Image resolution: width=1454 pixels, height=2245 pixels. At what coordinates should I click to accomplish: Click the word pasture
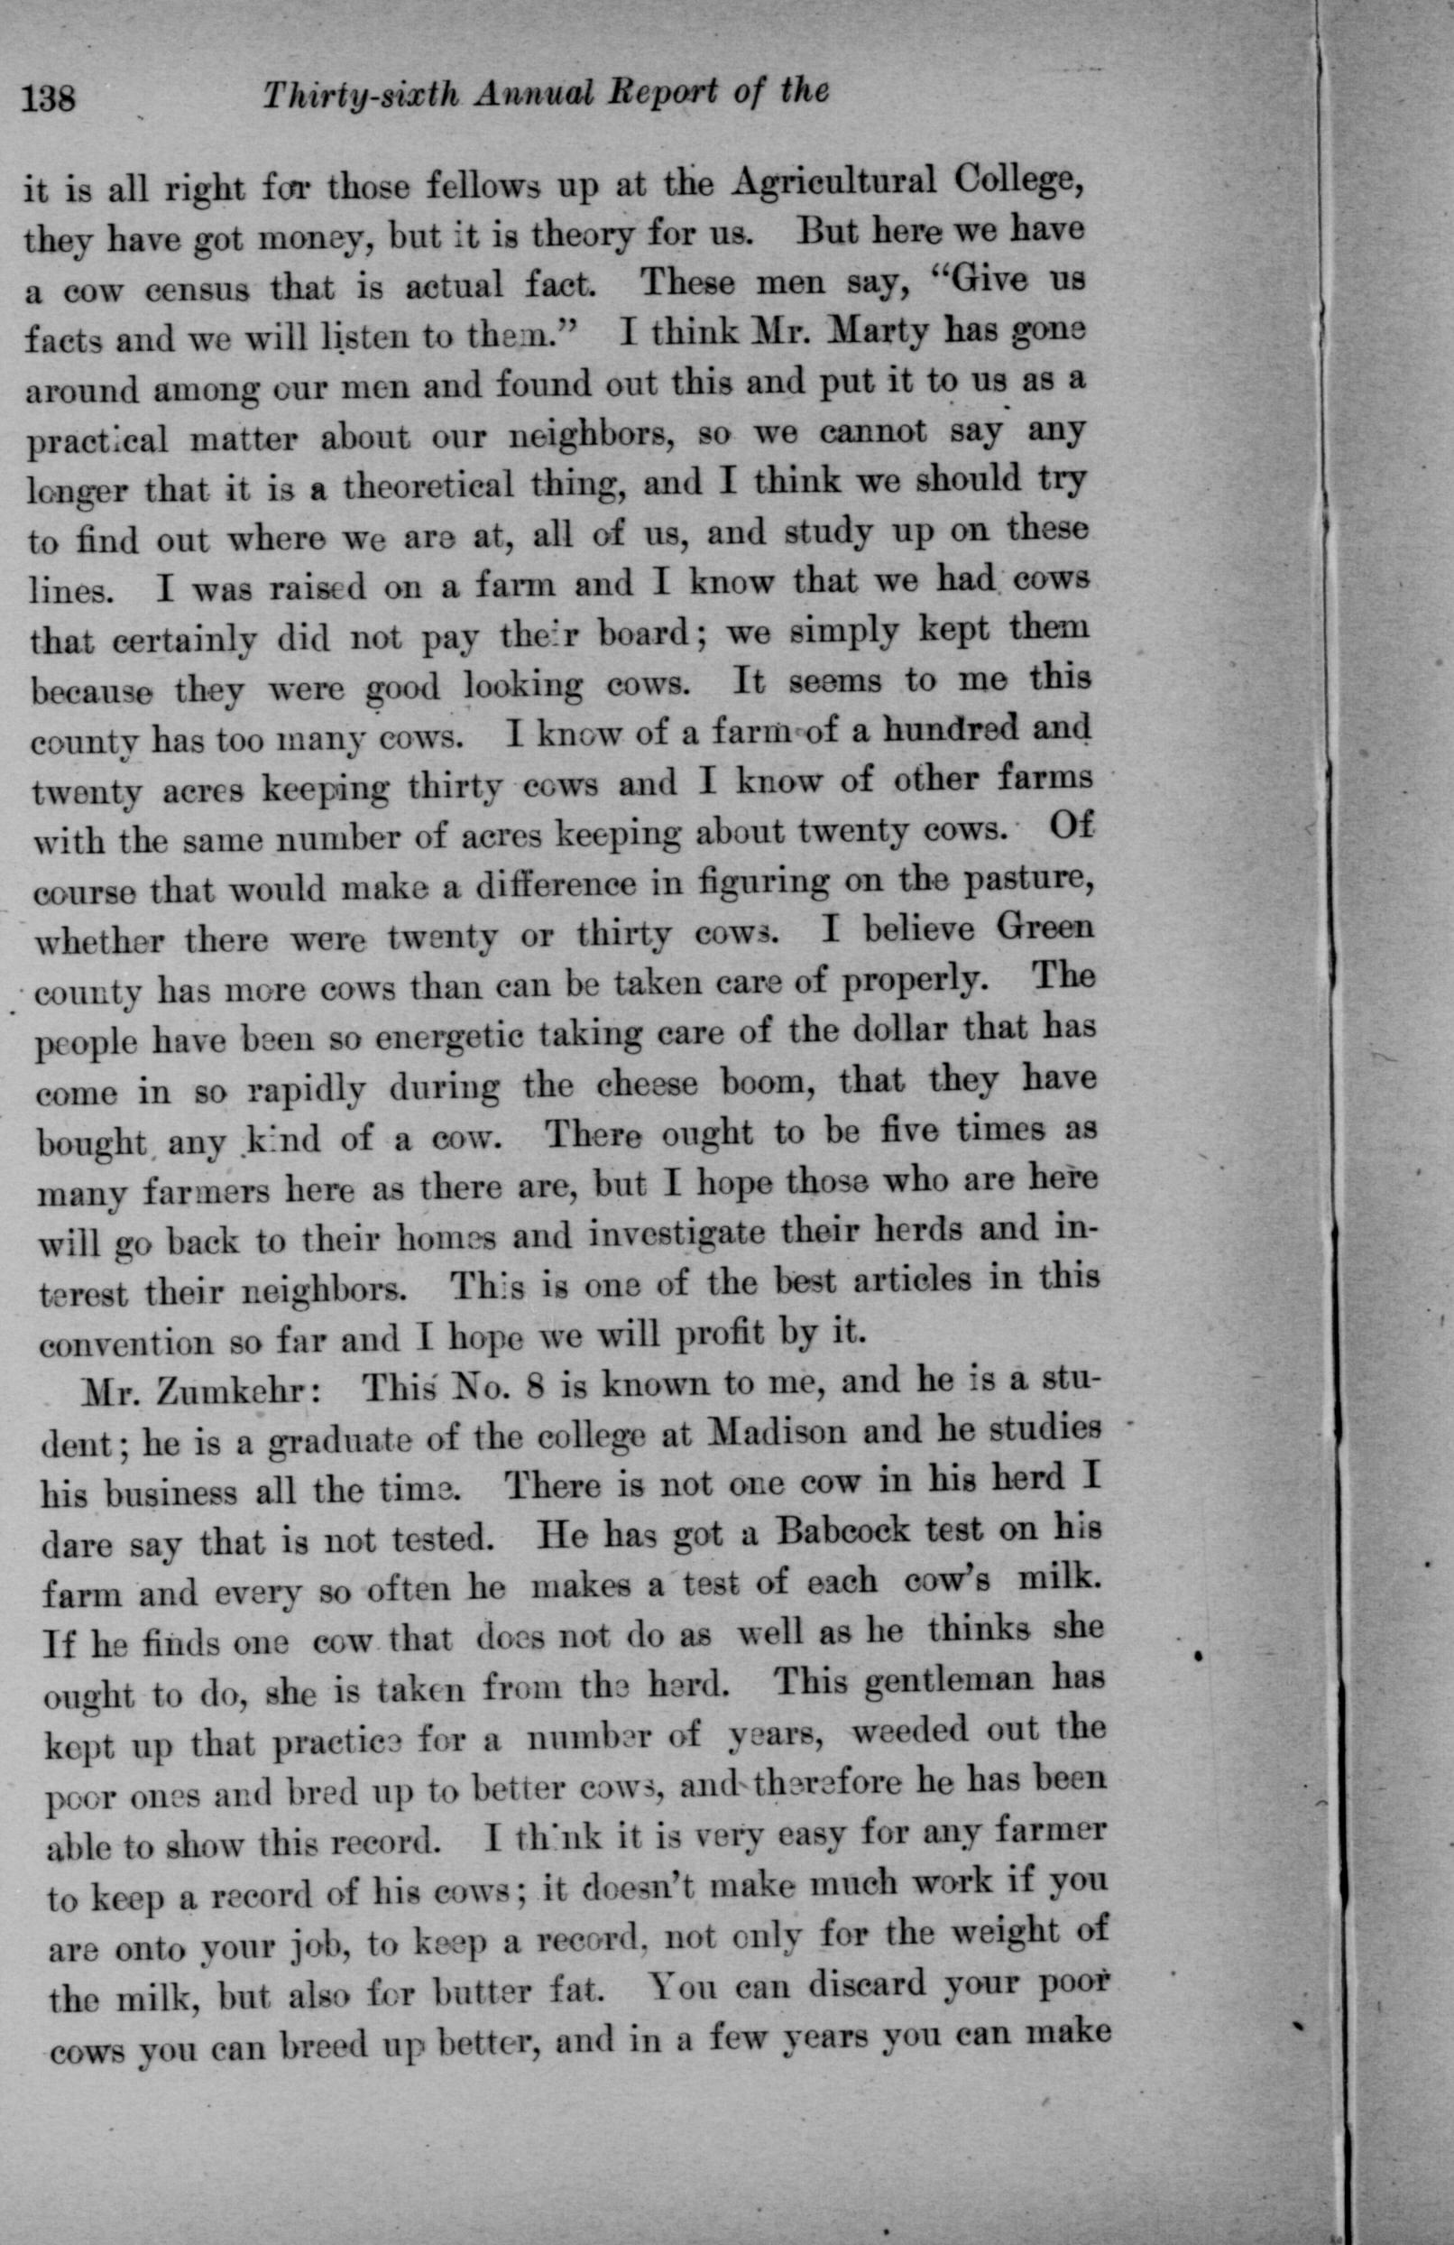point(1019,882)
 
